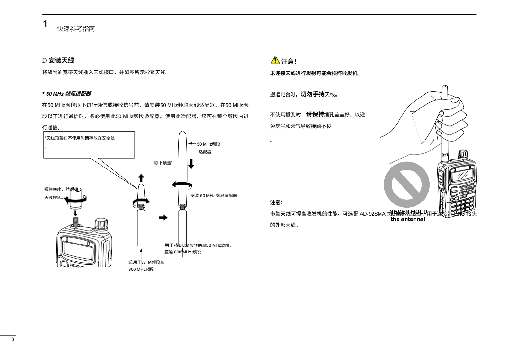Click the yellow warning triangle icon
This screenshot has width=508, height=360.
275,60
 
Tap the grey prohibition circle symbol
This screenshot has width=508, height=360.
407,184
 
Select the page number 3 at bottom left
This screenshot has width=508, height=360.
13,339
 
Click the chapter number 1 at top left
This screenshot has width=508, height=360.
45,24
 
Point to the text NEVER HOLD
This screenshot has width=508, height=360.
408,212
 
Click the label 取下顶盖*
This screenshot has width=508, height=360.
163,163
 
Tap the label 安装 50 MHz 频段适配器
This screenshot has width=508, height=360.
214,195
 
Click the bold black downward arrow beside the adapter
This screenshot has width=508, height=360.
191,164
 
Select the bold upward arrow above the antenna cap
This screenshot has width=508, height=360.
141,178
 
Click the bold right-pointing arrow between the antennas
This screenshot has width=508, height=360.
163,218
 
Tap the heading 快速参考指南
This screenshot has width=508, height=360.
76,29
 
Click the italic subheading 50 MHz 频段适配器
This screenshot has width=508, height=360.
68,94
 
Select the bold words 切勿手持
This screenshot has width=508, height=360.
312,94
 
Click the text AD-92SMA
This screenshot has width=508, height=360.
372,214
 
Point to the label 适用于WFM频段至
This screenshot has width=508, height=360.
146,262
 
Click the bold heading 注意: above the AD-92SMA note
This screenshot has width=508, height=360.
276,202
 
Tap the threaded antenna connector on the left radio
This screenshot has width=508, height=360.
76,221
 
